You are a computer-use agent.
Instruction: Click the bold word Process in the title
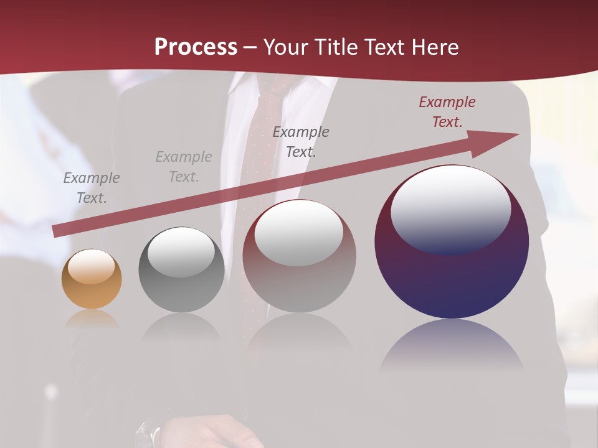(x=196, y=47)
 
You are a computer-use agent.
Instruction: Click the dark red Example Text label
(x=447, y=112)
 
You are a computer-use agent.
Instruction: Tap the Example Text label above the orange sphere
(x=92, y=188)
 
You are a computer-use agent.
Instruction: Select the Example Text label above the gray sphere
(x=184, y=167)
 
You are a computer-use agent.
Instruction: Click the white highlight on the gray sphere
(x=181, y=250)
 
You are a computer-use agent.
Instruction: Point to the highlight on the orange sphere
(x=92, y=266)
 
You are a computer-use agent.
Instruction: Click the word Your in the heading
(x=287, y=47)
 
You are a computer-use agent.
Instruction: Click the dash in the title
(x=250, y=47)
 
